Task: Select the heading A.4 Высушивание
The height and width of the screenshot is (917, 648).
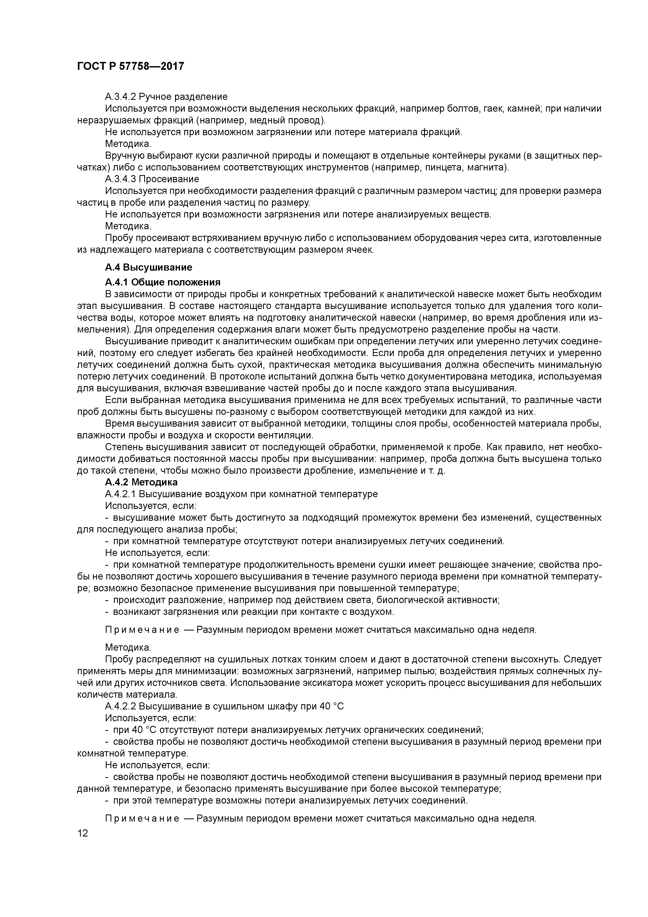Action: tap(148, 267)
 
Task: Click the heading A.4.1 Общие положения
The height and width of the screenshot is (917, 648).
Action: tap(163, 282)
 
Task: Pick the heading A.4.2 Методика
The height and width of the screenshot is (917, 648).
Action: tap(141, 482)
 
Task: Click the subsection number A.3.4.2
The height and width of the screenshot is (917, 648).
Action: tap(120, 97)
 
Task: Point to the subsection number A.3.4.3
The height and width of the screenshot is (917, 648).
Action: tap(120, 179)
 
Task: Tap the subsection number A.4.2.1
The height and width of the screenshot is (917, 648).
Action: tap(120, 494)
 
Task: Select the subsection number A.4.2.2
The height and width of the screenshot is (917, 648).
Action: tap(120, 717)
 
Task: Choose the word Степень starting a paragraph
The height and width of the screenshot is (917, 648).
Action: tap(124, 447)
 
